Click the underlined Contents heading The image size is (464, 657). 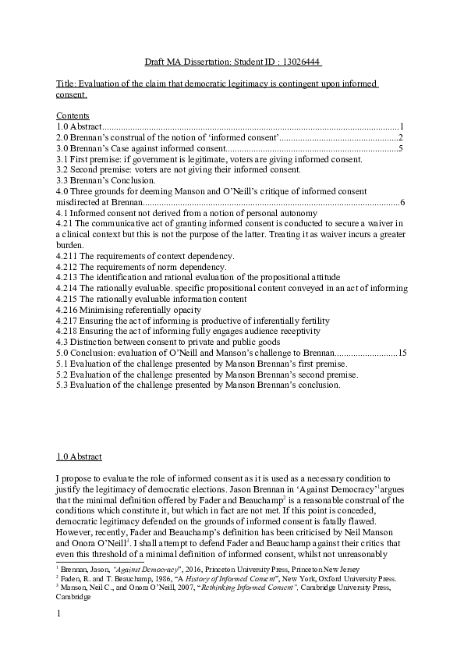tap(73, 115)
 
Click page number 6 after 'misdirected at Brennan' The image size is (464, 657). tap(401, 202)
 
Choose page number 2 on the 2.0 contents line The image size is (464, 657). tap(400, 137)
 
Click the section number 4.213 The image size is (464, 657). tap(67, 277)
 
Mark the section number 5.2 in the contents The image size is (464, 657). tap(63, 375)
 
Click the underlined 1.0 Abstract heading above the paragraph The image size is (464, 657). tap(80, 456)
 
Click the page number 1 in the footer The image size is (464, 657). tap(59, 616)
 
